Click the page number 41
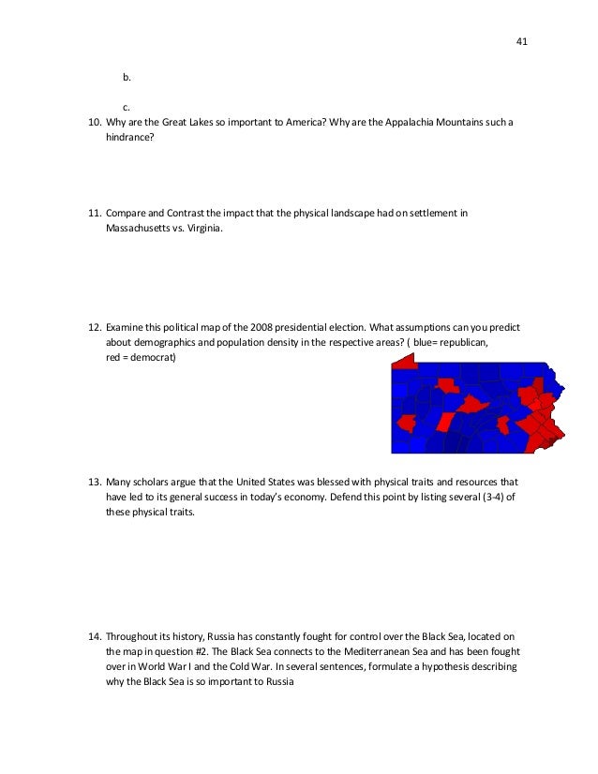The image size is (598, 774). [x=522, y=41]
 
